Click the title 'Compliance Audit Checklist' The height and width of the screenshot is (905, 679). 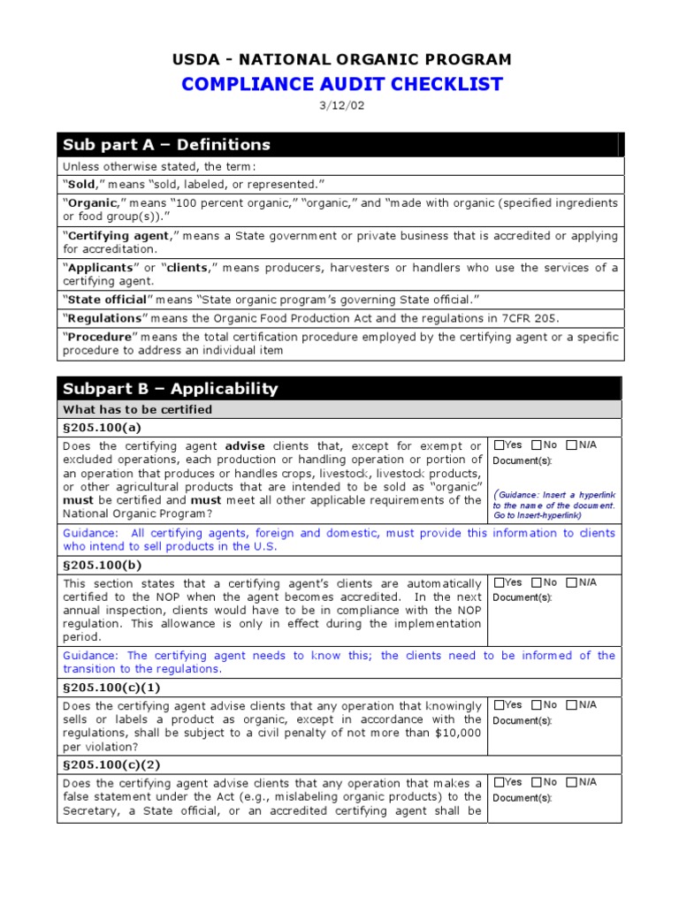click(341, 85)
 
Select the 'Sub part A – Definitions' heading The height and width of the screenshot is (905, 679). click(165, 145)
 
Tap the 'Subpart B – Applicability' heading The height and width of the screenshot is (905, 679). click(169, 389)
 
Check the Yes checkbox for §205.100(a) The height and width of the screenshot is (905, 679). click(500, 445)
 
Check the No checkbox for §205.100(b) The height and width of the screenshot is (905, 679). click(537, 583)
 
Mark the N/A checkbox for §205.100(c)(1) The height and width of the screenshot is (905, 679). click(572, 705)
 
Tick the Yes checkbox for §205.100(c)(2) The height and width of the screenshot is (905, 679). click(500, 782)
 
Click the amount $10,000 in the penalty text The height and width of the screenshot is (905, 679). click(459, 734)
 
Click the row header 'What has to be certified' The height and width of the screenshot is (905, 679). click(137, 410)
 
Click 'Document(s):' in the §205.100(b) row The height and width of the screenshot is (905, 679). click(522, 597)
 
